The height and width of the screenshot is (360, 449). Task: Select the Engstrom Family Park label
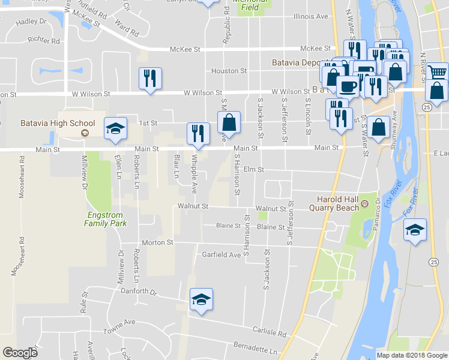(106, 218)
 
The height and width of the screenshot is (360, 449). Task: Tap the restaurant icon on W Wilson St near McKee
(150, 79)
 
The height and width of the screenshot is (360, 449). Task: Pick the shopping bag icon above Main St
(229, 123)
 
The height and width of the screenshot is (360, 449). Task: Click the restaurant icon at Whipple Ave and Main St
(198, 134)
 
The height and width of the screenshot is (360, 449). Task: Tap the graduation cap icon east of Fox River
(415, 230)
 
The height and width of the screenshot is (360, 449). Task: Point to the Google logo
(20, 353)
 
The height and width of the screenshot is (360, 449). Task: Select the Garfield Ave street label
(221, 254)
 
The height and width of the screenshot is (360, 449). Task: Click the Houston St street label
(229, 71)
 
